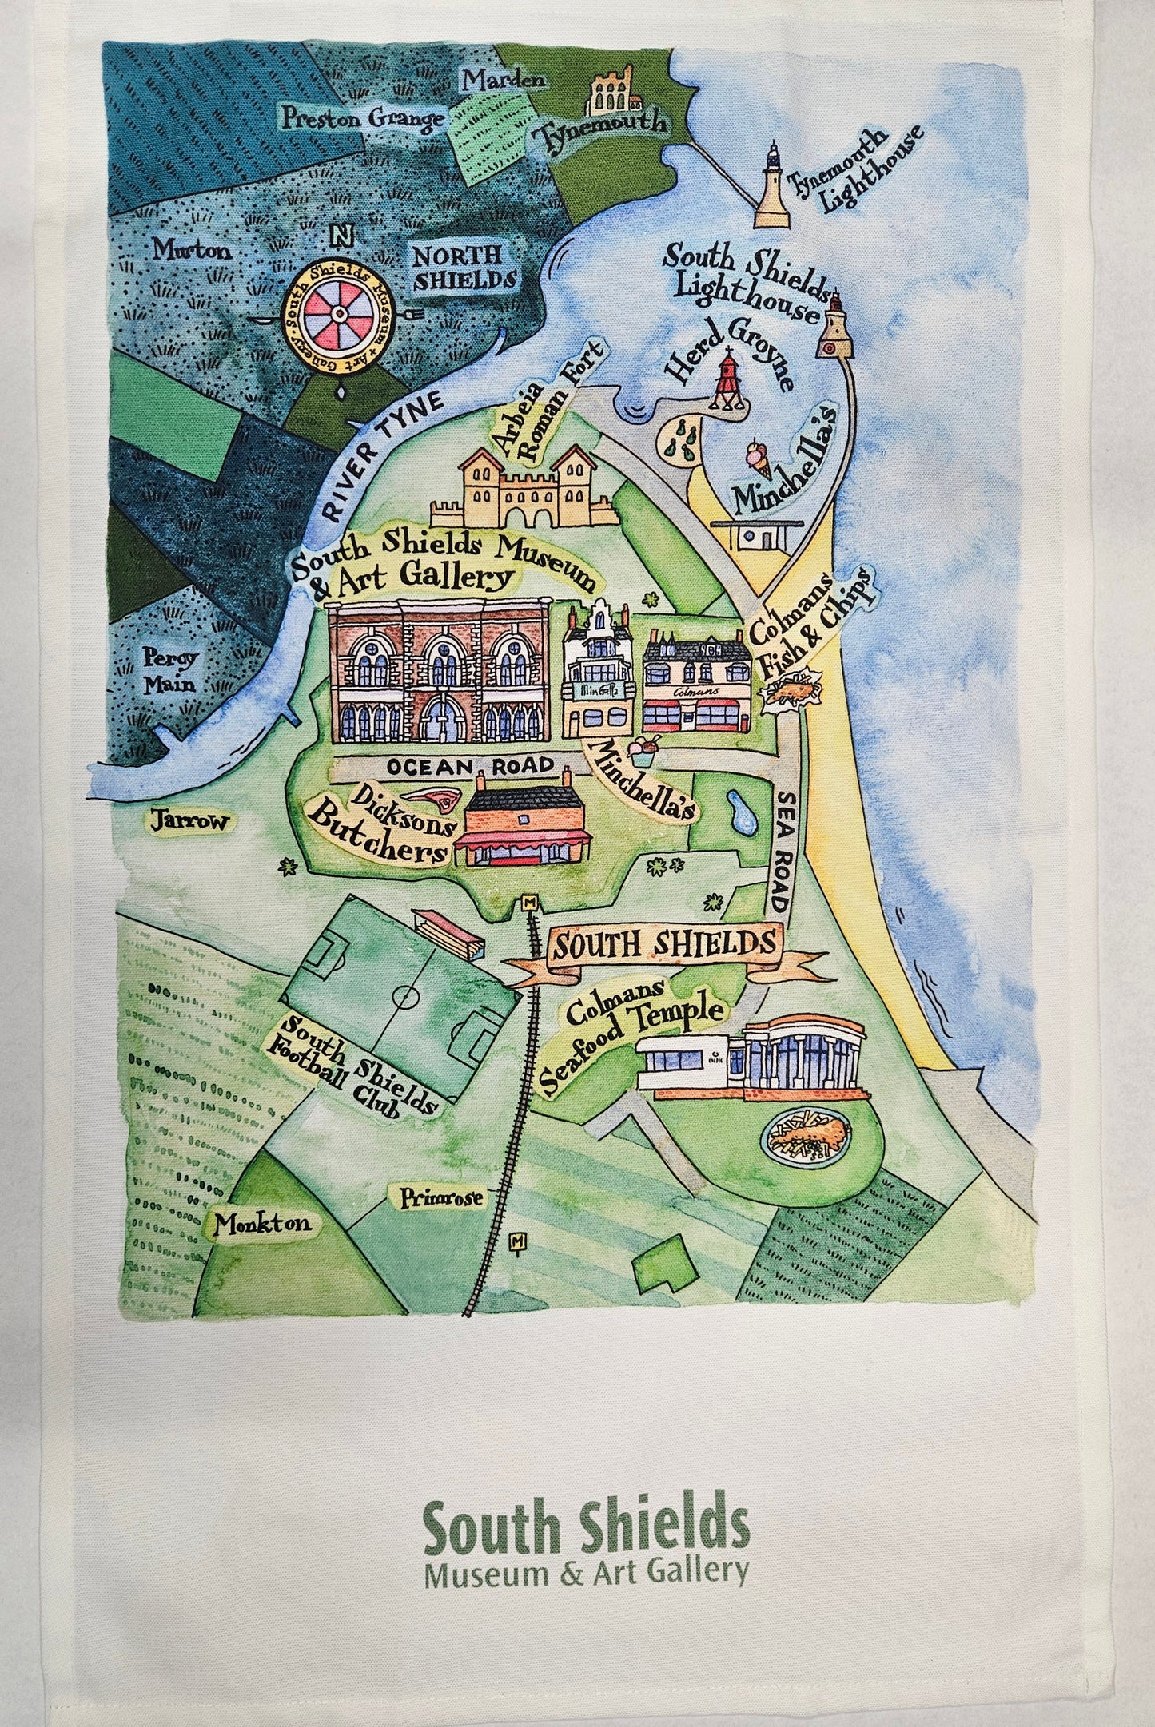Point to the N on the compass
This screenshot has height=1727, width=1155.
pos(341,236)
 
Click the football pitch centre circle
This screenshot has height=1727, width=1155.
pos(408,998)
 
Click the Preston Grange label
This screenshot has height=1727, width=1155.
pos(361,119)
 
